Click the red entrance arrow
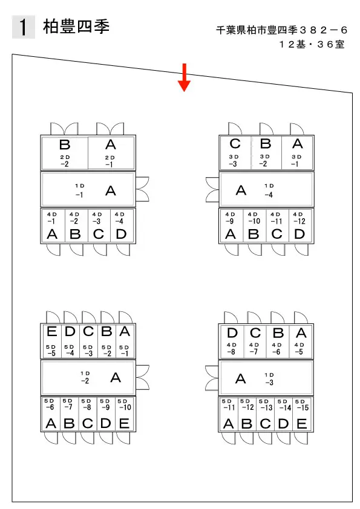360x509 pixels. pos(184,77)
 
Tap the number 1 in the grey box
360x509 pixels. pos(23,27)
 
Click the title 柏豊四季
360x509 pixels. pos(76,26)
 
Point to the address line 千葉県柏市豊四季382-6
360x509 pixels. pos(281,30)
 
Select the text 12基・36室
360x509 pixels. pos(312,44)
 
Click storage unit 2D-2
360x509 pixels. pos(65,153)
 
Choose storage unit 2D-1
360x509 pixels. pos(111,153)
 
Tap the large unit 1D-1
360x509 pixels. pos(88,190)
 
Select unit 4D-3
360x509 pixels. pos(99,226)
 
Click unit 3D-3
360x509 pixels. pos(235,153)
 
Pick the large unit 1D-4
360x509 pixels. pos(266,190)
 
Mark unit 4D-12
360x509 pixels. pos(300,226)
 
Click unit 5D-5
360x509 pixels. pos(51,341)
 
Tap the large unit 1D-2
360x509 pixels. pos(88,378)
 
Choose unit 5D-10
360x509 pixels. pos(125,414)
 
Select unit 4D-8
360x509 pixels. pos(232,341)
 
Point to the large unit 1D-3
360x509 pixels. pos(266,378)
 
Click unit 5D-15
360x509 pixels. pos(302,414)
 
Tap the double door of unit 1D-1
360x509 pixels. pos(142,189)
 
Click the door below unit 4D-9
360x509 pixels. pos(231,250)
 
